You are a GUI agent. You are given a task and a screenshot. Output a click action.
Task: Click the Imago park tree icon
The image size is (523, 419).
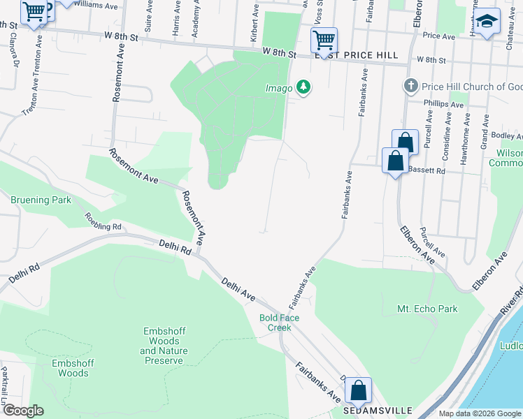click(x=303, y=87)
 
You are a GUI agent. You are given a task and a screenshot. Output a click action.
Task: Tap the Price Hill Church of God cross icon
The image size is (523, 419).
click(x=410, y=87)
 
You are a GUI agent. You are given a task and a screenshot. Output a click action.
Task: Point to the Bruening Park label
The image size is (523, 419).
click(x=41, y=200)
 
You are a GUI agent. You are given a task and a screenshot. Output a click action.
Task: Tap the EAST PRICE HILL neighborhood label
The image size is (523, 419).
click(x=357, y=55)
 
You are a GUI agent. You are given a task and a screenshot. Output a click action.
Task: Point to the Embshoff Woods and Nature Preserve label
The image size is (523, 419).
click(x=164, y=346)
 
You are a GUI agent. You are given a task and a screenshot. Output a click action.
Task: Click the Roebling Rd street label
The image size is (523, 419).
click(x=103, y=222)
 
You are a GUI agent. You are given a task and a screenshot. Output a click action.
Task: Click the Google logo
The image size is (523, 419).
click(x=22, y=411)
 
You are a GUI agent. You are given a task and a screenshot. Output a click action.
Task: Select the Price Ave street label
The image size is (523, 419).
click(x=439, y=36)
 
